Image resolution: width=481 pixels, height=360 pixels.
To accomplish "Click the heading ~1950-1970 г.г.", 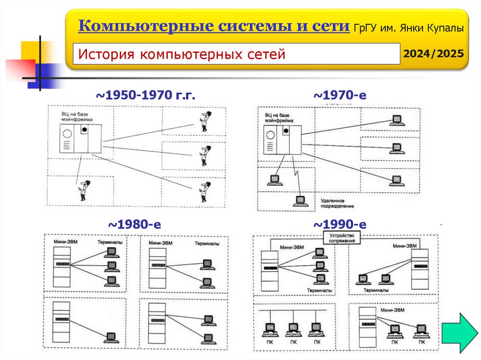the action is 146,96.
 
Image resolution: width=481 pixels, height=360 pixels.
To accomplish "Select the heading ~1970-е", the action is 340,96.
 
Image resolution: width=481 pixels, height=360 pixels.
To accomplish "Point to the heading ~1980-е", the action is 135,225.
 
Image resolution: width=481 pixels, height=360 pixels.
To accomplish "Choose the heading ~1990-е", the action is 340,225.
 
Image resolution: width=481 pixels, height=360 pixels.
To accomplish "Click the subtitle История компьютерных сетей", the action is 182,54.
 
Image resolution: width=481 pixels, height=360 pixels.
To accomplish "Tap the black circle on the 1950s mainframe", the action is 85,130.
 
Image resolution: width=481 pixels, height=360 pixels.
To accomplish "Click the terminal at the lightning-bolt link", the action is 300,201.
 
